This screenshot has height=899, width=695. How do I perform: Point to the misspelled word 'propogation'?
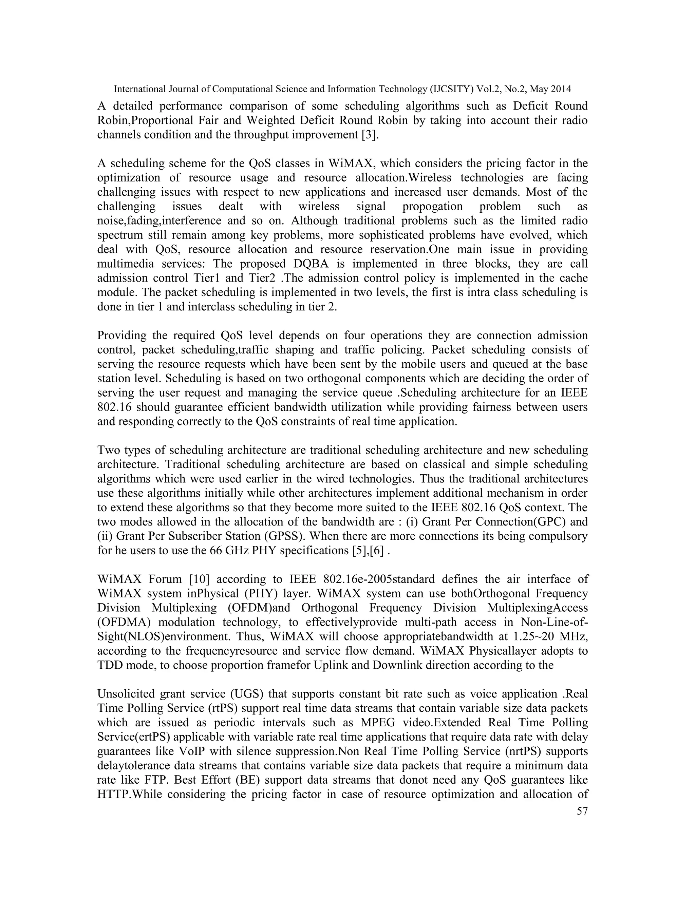point(432,206)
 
